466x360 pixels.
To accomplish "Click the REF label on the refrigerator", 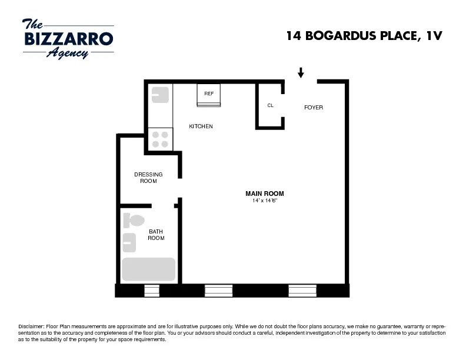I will (x=209, y=94).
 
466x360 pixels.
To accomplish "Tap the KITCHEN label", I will (x=201, y=126).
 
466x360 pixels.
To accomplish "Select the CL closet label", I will (x=271, y=106).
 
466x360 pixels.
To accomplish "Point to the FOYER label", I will (x=313, y=108).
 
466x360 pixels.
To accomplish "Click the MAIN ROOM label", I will (x=265, y=194).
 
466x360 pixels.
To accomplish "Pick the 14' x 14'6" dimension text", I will (x=265, y=201).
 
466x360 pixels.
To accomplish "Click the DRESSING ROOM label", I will (x=148, y=178).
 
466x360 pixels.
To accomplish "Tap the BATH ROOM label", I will (x=156, y=235).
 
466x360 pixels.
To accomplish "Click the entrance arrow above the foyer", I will (x=301, y=73).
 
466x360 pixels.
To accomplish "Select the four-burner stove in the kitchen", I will (x=160, y=139).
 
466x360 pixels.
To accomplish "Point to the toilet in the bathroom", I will (x=134, y=221).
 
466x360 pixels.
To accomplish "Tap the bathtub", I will (x=149, y=269).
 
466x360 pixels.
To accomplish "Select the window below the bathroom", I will (x=152, y=291).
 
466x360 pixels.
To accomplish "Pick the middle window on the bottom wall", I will (x=218, y=291).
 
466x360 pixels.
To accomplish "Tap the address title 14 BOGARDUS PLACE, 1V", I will (x=363, y=36).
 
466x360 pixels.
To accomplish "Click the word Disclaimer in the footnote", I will (x=31, y=326).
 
